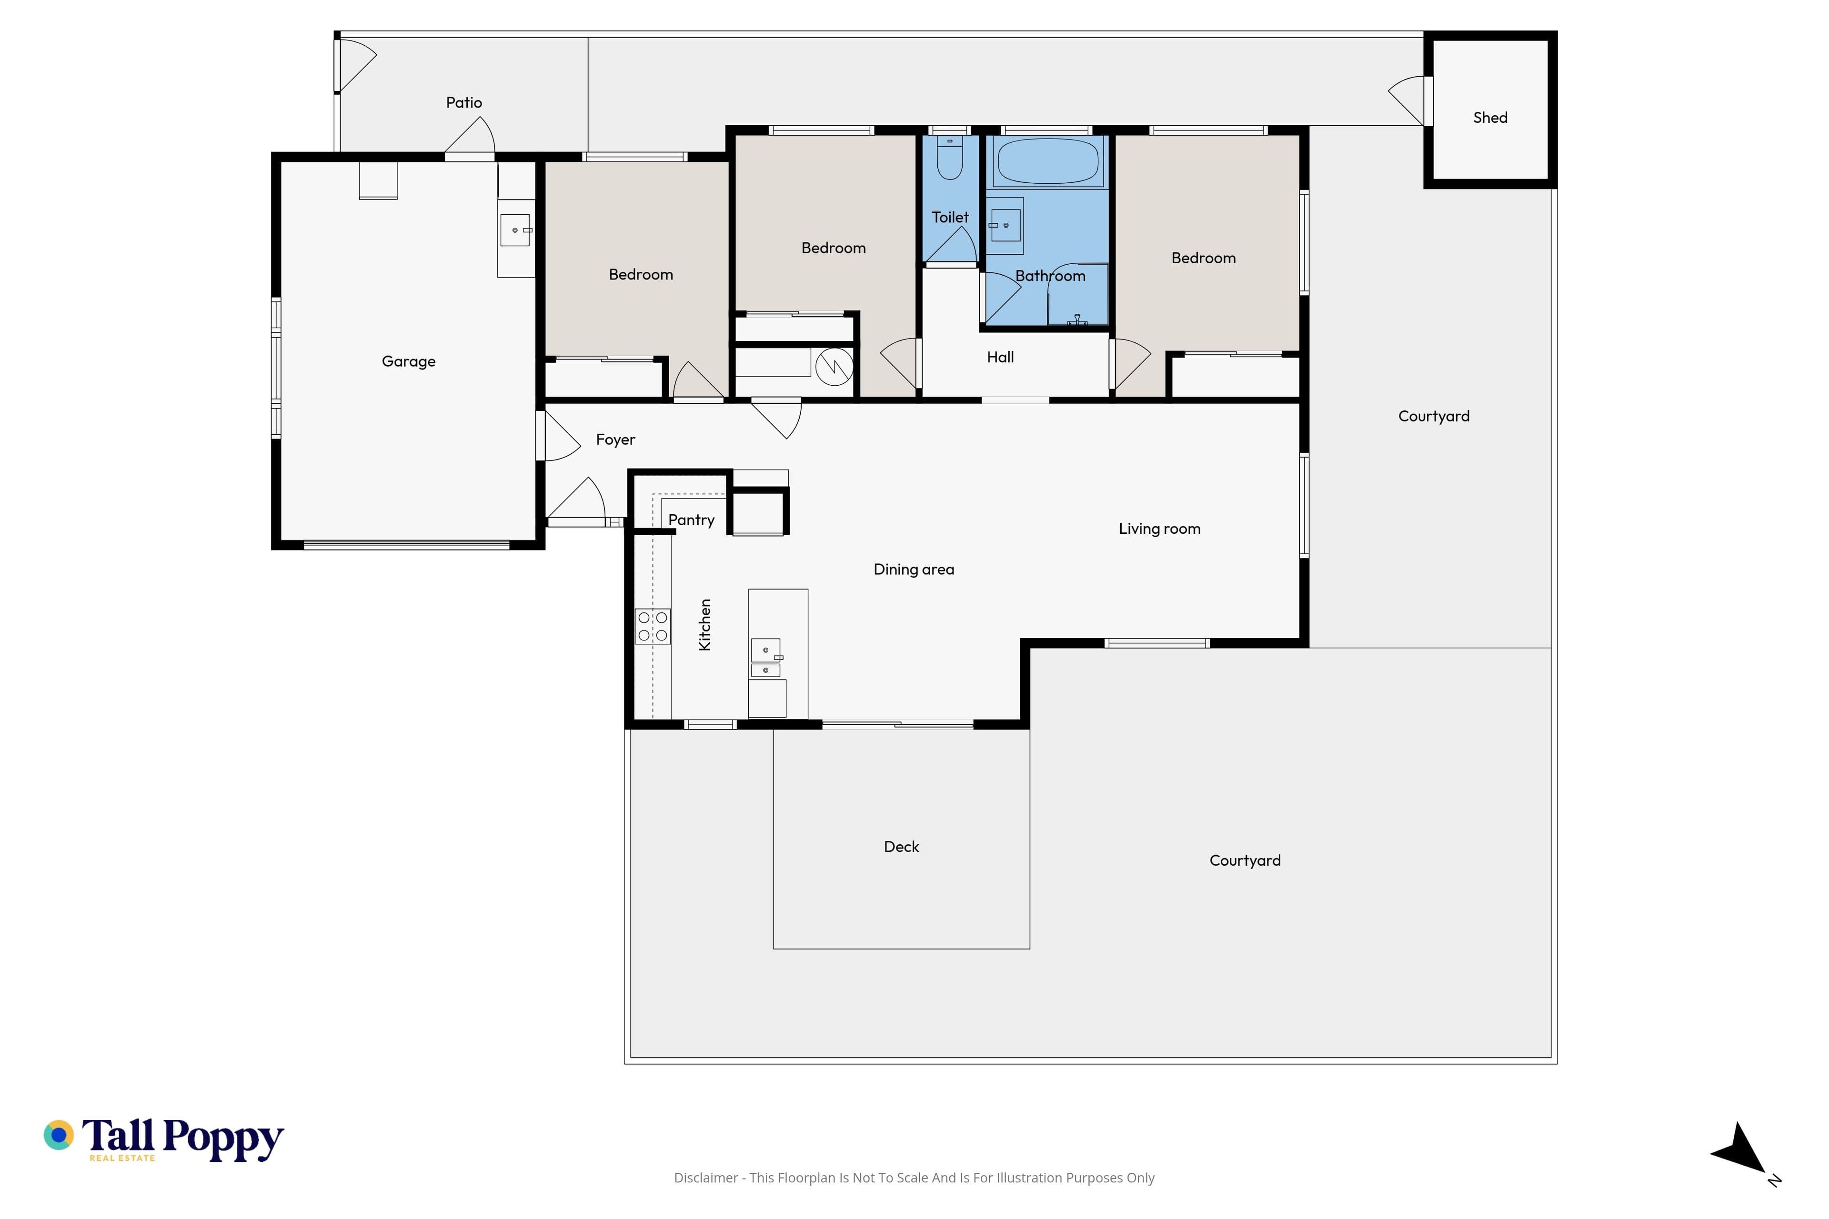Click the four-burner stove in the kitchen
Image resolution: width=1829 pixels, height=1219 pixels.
(653, 626)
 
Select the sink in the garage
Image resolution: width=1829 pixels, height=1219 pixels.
(515, 230)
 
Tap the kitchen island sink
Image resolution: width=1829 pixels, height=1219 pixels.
(766, 658)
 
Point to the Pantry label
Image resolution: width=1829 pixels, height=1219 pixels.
(691, 520)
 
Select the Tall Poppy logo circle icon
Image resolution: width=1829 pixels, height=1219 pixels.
(58, 1135)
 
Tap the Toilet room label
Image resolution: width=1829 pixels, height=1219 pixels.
(950, 218)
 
